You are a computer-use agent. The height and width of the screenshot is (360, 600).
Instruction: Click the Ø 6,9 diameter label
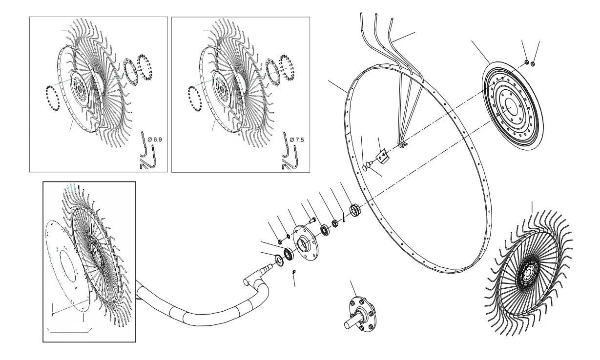(x=155, y=140)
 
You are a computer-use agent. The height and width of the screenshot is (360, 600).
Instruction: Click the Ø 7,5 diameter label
(x=297, y=140)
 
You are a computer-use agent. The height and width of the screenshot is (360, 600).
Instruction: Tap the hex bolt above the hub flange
(x=312, y=221)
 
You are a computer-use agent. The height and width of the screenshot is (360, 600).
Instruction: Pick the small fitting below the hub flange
(x=294, y=272)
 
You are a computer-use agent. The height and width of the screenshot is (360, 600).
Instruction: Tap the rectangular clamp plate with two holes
(x=382, y=157)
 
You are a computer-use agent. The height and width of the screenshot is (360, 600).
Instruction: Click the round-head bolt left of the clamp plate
(x=367, y=165)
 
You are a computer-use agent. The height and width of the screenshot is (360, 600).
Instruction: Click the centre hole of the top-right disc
(x=511, y=106)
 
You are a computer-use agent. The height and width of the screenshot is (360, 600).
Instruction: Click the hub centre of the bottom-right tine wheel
(x=528, y=273)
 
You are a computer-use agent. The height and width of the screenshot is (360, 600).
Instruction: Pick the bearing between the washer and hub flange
(x=289, y=254)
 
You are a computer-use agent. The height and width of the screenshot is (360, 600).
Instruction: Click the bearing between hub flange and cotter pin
(x=325, y=230)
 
